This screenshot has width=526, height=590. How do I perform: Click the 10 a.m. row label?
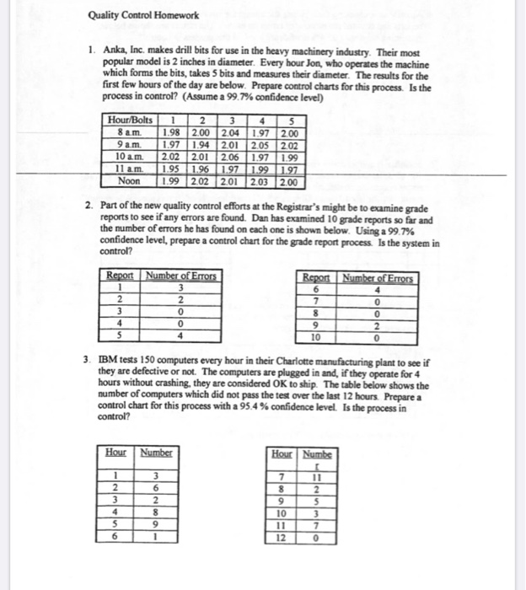[x=130, y=157]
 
